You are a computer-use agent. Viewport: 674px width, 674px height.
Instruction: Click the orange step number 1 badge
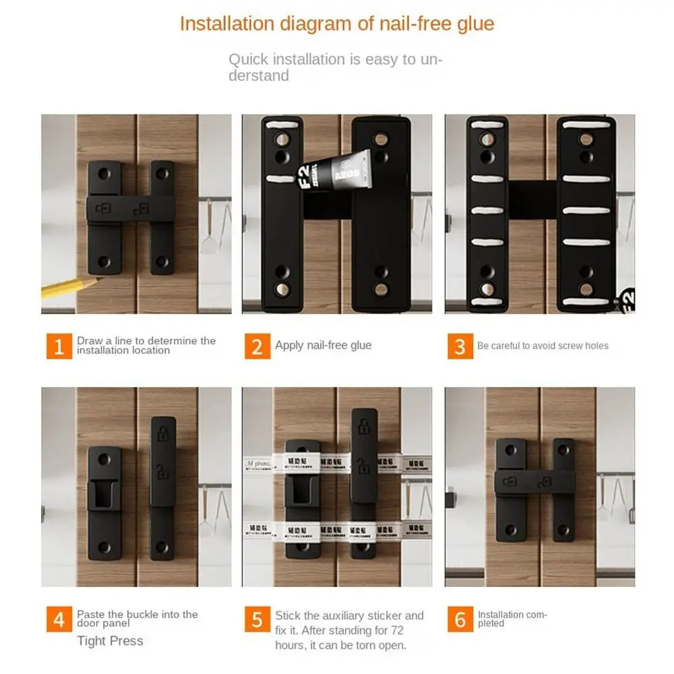pyautogui.click(x=59, y=346)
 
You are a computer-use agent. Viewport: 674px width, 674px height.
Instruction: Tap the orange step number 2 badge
pyautogui.click(x=257, y=346)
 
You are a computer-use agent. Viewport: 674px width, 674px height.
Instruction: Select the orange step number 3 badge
pyautogui.click(x=460, y=346)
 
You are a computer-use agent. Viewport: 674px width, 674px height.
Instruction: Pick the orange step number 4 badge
pyautogui.click(x=59, y=619)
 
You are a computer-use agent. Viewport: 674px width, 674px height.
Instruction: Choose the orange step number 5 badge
pyautogui.click(x=257, y=619)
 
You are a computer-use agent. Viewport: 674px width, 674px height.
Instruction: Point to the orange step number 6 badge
pyautogui.click(x=460, y=619)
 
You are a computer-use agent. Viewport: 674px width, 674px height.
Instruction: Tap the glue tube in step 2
pyautogui.click(x=344, y=172)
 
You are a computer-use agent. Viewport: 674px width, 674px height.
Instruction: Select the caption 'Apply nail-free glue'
pyautogui.click(x=323, y=345)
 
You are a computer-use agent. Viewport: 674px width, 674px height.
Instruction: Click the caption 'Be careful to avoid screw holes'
pyautogui.click(x=543, y=346)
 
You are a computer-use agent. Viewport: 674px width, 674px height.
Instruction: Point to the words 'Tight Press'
pyautogui.click(x=110, y=641)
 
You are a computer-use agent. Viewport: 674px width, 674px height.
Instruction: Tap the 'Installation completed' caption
pyautogui.click(x=512, y=619)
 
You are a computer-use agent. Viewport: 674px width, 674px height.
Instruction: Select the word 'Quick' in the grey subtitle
pyautogui.click(x=249, y=59)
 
